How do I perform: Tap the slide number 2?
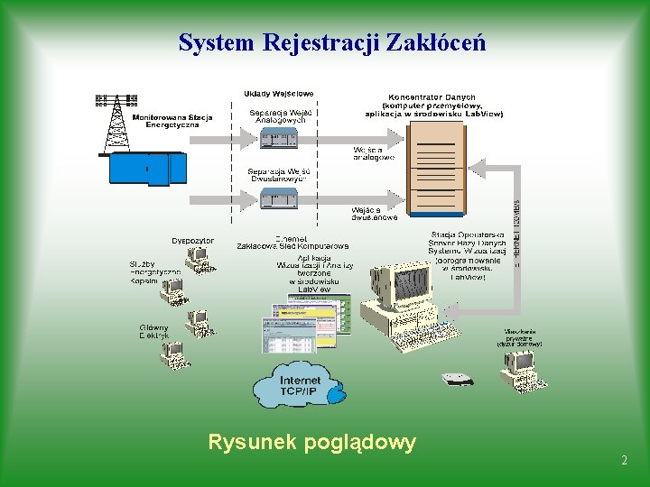pos(624,461)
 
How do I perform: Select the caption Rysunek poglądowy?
pos(312,442)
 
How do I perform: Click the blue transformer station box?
pos(147,169)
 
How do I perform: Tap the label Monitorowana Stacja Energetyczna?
pos(172,121)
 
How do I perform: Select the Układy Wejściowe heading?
pos(278,93)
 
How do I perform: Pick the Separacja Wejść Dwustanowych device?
pos(279,198)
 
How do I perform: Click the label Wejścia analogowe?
pos(374,153)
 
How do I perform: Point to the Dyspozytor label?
pos(193,241)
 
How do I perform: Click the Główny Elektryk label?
pos(153,331)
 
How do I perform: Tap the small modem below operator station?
pos(457,379)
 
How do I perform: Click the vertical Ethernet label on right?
pos(516,234)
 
